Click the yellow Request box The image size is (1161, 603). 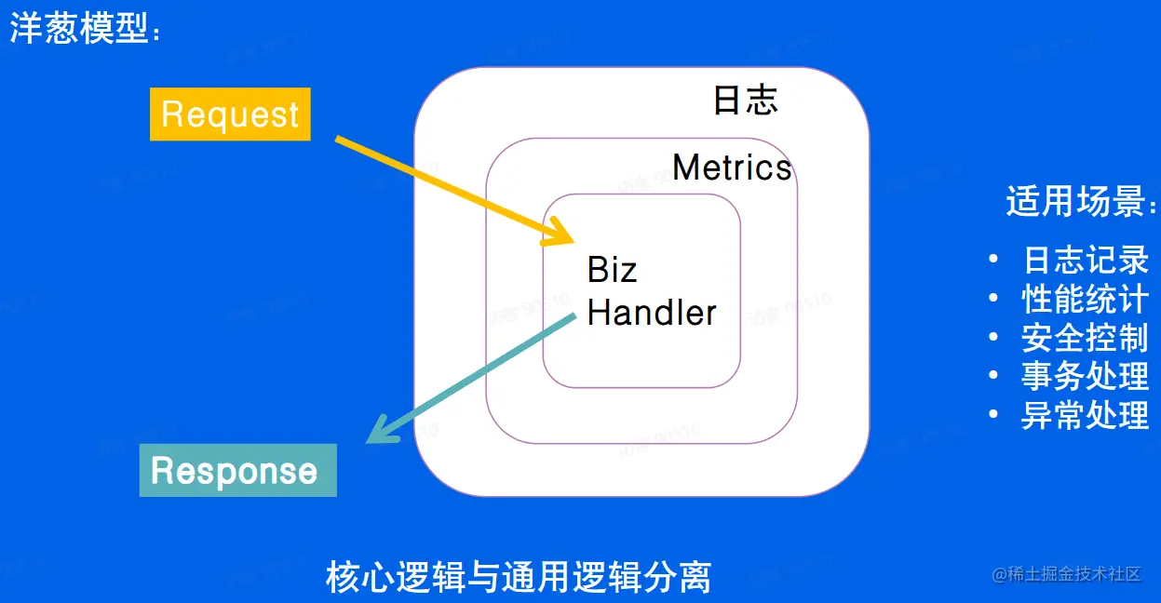230,114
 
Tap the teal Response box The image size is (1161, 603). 237,471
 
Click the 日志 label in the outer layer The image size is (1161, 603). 745,100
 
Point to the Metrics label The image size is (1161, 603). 732,167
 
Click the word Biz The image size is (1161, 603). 612,270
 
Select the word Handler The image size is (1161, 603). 652,313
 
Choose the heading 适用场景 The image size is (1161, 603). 1081,201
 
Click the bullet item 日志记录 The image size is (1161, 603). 1086,260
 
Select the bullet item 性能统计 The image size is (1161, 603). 1086,299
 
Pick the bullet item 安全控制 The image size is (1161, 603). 1086,338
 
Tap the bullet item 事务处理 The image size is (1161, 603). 1086,377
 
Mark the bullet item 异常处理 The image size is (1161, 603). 1086,415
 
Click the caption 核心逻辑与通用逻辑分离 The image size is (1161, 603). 519,577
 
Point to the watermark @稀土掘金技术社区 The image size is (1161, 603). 1067,574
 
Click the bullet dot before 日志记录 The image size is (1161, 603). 995,259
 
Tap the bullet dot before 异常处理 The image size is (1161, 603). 995,415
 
